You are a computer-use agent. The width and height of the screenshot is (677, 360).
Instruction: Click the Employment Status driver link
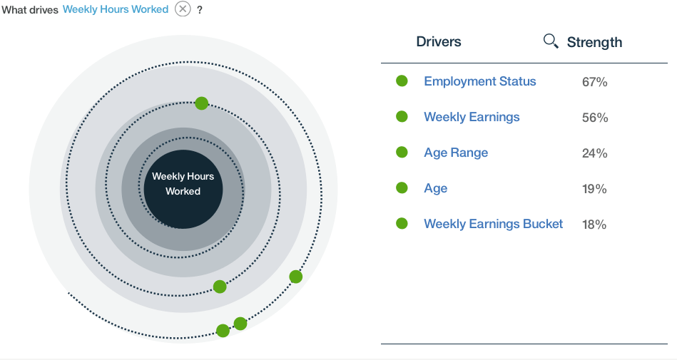(479, 81)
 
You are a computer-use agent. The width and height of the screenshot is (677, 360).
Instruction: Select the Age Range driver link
(456, 153)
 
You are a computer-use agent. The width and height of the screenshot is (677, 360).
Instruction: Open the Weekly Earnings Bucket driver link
(494, 224)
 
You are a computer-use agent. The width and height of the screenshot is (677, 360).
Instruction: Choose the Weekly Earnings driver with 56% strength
(472, 117)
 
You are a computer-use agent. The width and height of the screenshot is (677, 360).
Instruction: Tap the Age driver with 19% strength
(436, 188)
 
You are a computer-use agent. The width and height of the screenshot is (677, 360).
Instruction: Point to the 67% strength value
(594, 81)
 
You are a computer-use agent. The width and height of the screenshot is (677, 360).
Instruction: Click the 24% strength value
(594, 153)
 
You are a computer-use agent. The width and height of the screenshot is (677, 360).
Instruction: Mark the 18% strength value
(594, 224)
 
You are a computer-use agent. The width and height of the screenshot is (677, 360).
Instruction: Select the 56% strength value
(595, 118)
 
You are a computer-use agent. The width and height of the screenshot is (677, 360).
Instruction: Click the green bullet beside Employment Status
(402, 81)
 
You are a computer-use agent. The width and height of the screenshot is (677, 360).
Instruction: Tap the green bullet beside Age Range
(402, 152)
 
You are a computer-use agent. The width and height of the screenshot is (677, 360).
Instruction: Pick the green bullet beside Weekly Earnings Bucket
(402, 223)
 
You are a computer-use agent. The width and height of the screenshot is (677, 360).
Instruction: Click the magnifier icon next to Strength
(551, 41)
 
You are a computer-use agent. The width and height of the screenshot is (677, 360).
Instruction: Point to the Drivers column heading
(439, 41)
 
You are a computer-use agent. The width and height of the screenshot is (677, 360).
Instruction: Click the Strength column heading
(594, 42)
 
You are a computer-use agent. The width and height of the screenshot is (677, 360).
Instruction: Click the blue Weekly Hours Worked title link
(116, 9)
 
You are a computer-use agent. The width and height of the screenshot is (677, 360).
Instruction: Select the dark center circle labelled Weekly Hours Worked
(183, 189)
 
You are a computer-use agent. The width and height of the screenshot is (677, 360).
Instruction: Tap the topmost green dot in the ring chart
(202, 103)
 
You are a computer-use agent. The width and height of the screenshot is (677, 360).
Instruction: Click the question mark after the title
(200, 10)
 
